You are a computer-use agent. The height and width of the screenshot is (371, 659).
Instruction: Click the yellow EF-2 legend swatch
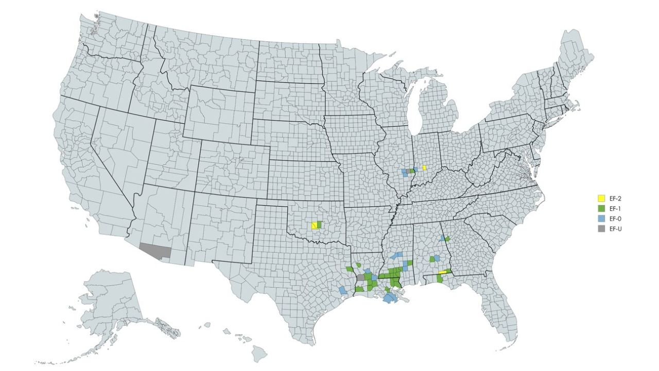click(600, 198)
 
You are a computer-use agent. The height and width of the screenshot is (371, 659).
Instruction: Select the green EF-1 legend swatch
click(600, 209)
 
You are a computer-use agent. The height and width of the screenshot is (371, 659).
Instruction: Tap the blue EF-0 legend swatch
click(600, 219)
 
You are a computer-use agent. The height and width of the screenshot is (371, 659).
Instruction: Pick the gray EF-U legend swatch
click(600, 229)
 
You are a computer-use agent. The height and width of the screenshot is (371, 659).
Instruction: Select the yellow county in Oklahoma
click(314, 226)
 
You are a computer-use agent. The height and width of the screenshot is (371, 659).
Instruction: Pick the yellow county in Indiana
click(424, 167)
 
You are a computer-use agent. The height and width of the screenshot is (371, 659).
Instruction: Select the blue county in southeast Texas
click(343, 290)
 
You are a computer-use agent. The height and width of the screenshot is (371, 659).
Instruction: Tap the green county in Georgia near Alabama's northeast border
click(447, 239)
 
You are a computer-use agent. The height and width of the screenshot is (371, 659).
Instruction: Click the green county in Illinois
click(413, 171)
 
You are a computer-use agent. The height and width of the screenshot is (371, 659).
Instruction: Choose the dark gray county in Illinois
click(409, 171)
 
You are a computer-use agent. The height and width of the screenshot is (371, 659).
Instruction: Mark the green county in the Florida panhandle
click(439, 278)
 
